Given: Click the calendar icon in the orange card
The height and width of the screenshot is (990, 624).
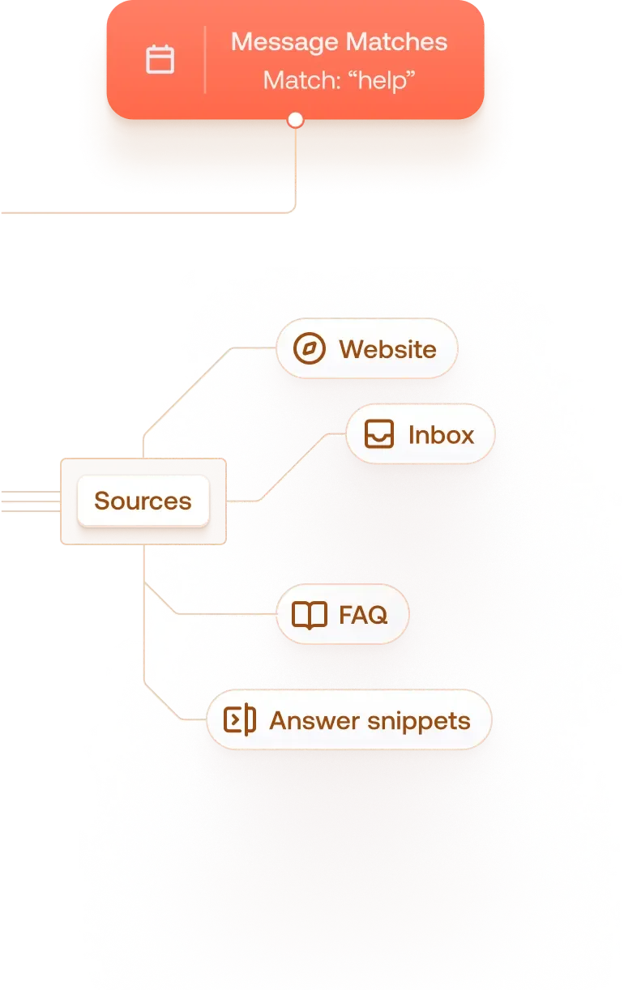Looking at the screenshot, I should click(160, 60).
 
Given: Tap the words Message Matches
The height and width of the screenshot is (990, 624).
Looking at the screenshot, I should click(339, 42).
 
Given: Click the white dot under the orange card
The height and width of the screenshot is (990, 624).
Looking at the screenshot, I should click(296, 120).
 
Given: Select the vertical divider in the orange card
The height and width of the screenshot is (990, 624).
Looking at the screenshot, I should click(205, 59).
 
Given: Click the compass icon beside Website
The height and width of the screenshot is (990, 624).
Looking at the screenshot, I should click(309, 349).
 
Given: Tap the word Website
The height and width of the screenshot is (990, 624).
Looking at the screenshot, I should click(387, 349).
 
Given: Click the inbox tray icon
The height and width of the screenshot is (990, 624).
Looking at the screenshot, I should click(378, 434).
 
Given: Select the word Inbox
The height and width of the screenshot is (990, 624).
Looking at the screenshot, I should click(441, 435).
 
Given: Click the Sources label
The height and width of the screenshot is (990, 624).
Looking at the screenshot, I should click(143, 501).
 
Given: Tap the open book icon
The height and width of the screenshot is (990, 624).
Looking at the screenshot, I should click(310, 615).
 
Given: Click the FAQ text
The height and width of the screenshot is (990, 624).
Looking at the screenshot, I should click(363, 615).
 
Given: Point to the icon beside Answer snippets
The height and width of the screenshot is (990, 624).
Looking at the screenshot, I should click(239, 720).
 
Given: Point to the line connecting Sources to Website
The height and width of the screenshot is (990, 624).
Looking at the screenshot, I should click(186, 393).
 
